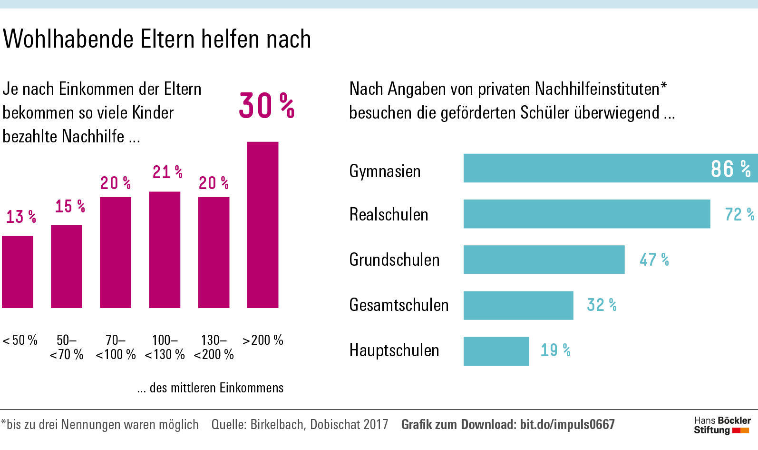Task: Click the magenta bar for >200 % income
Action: [262, 225]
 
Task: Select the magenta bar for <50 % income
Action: [18, 272]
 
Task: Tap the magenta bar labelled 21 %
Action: [165, 250]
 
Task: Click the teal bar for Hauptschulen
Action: [496, 351]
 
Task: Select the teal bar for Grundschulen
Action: [544, 260]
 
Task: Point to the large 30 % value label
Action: [266, 105]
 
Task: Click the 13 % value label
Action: [21, 217]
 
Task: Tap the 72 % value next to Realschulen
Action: [739, 214]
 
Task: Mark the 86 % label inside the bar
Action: [730, 169]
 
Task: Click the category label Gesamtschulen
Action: [398, 305]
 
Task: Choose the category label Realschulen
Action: [389, 214]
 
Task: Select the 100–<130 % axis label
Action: [165, 347]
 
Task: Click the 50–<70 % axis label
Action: [67, 347]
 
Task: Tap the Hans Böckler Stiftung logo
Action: [722, 425]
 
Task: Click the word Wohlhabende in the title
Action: [68, 39]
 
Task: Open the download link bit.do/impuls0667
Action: [567, 424]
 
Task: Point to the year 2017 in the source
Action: [375, 424]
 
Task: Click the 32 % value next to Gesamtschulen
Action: [602, 305]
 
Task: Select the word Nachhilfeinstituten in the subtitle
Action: [597, 89]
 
